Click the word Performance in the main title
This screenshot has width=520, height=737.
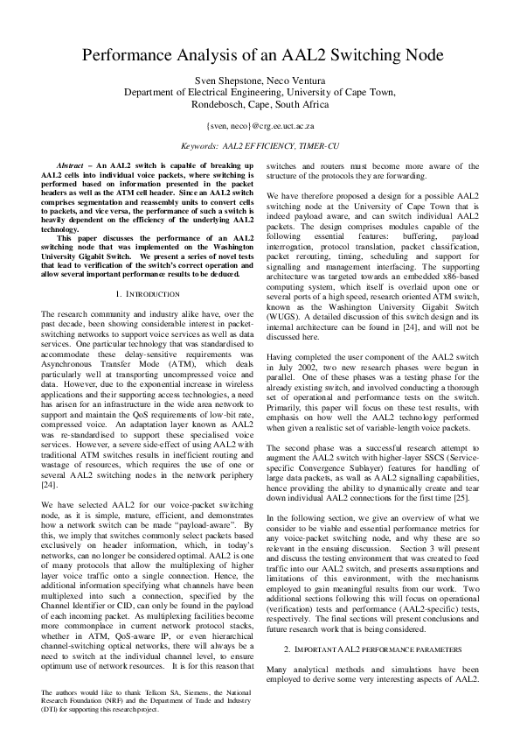pos(135,56)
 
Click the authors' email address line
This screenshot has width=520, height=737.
pos(260,127)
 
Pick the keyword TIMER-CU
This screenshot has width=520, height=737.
pos(321,148)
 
